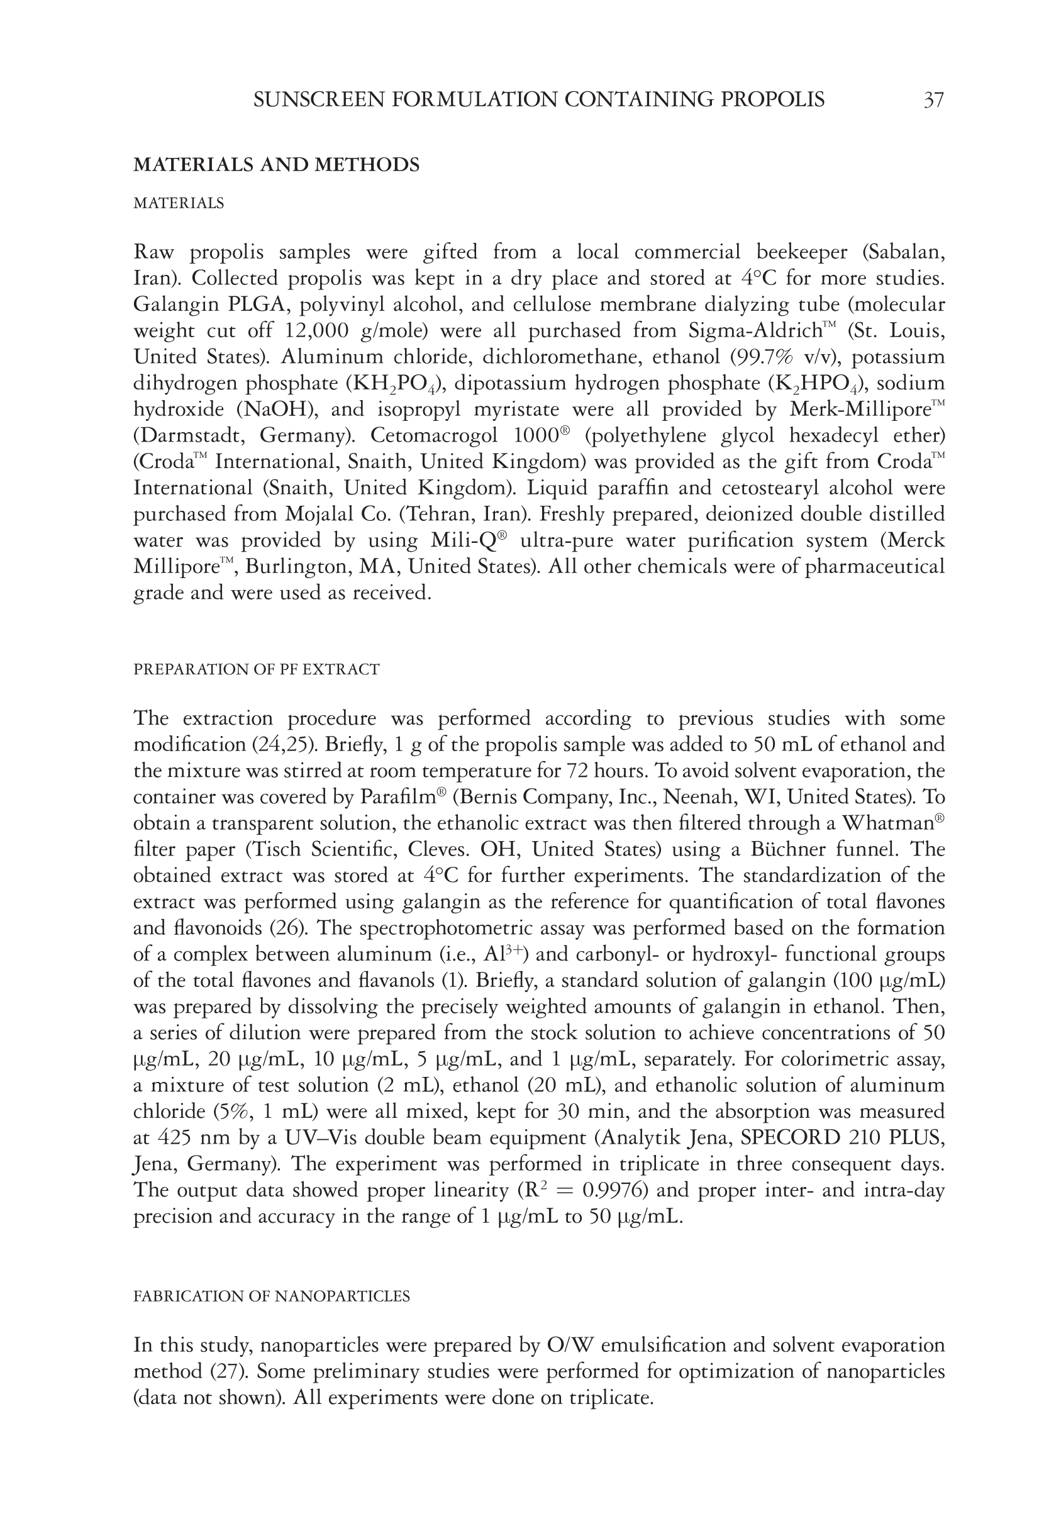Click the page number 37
coord(933,101)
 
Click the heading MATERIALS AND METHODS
coord(277,165)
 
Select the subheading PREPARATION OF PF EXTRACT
coord(257,669)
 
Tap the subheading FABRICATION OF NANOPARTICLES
coord(272,1296)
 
